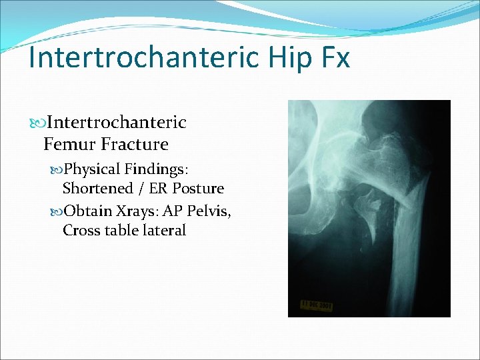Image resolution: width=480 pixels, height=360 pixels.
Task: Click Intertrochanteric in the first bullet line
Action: tap(117, 123)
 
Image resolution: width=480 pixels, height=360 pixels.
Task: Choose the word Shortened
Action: tap(97, 189)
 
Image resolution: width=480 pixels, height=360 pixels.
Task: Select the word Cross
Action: tap(81, 231)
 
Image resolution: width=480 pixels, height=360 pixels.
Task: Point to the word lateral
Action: tap(164, 231)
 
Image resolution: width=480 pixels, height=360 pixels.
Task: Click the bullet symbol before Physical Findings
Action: tap(56, 169)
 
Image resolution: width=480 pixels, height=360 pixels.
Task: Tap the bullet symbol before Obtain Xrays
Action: tap(56, 211)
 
